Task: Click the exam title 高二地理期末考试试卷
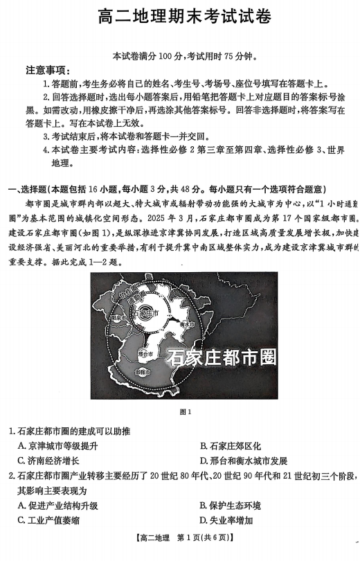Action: coord(180,15)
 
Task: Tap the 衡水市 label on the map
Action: coord(186,324)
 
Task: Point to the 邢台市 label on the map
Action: coord(146,353)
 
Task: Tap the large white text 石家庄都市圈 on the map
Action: coord(222,358)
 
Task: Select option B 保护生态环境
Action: coord(231,506)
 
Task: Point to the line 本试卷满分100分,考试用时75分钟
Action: coord(180,55)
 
